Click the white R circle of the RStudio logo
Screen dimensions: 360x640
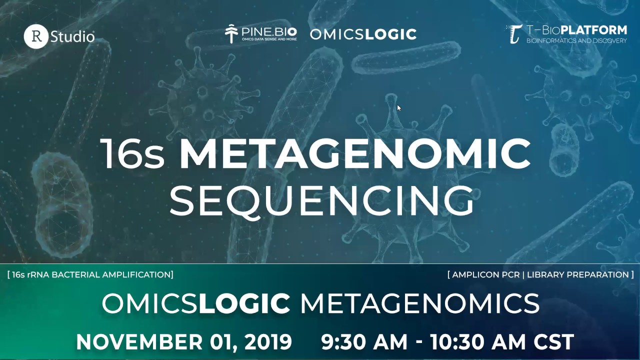pos(36,36)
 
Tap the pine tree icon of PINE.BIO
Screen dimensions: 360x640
pos(231,33)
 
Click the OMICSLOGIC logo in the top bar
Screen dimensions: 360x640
pos(363,34)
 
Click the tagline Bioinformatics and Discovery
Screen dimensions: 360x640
pos(576,40)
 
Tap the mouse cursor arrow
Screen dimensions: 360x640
pos(398,107)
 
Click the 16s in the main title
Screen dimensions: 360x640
pos(132,153)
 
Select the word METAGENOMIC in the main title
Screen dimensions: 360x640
pos(355,153)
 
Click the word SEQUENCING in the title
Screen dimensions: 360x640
pos(321,200)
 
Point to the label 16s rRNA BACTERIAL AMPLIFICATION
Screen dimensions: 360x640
pos(91,274)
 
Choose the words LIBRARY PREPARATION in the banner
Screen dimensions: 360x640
pos(578,274)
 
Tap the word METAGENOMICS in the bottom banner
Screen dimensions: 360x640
pos(419,303)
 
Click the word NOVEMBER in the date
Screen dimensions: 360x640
pos(139,342)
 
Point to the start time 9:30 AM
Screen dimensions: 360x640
pos(364,342)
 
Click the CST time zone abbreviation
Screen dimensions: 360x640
pos(553,342)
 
